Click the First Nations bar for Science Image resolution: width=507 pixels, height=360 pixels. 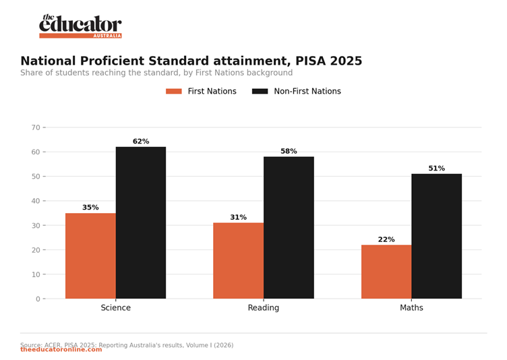(90, 256)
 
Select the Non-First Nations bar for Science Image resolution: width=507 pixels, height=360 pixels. (141, 223)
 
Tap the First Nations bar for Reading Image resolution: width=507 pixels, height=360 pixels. (238, 261)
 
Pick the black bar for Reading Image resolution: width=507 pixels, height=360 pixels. (289, 228)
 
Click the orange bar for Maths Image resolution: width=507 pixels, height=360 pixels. (386, 272)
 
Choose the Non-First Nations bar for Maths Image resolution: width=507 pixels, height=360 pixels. (437, 237)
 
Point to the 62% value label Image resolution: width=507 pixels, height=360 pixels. (141, 142)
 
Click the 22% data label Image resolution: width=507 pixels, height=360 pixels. (386, 239)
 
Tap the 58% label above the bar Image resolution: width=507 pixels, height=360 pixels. (289, 151)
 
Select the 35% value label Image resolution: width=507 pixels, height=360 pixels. (90, 208)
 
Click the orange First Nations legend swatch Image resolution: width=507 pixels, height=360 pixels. (174, 91)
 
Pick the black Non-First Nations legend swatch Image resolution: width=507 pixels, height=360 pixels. (260, 91)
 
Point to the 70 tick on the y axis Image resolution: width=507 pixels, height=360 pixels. (36, 127)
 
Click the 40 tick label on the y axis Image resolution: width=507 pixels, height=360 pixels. (36, 201)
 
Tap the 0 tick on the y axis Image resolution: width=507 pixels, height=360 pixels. (38, 299)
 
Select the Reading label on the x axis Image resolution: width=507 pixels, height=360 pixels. (264, 307)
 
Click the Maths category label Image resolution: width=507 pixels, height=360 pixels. (412, 307)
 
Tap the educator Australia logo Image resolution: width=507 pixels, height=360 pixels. (80, 26)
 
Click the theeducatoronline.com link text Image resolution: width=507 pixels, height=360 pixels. (61, 350)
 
